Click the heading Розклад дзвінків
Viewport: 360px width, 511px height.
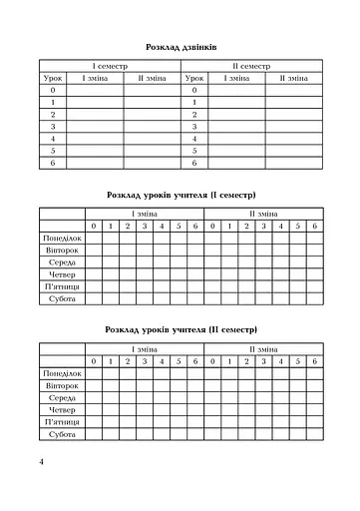click(x=180, y=46)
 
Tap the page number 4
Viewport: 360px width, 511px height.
click(x=41, y=461)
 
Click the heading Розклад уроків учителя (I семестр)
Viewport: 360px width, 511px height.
click(x=180, y=195)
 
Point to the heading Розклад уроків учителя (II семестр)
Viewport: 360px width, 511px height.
click(x=180, y=329)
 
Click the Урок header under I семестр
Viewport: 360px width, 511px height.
click(x=53, y=77)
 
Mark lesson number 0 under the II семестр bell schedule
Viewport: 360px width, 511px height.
click(x=194, y=90)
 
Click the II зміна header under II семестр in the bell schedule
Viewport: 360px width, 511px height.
click(x=294, y=77)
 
